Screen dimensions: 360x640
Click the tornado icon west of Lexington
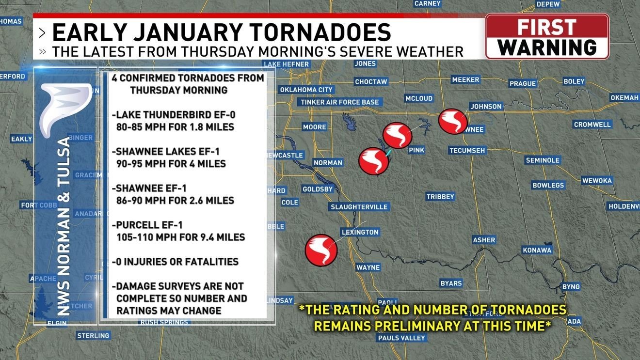point(321,250)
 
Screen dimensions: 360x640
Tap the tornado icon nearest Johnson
point(453,121)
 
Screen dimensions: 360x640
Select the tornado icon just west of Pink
point(398,136)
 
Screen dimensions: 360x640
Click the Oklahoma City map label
point(306,90)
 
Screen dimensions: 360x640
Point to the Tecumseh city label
point(467,151)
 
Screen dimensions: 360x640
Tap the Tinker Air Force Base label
point(339,102)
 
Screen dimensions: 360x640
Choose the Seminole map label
point(543,160)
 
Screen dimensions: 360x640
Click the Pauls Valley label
point(401,338)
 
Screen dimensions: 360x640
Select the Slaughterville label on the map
point(359,207)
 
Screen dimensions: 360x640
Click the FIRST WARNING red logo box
point(547,37)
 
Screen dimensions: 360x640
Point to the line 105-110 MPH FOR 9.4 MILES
point(180,237)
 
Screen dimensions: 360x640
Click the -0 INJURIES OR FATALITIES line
point(176,262)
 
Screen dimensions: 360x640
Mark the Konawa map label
point(537,250)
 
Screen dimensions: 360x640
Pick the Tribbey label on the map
point(440,197)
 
